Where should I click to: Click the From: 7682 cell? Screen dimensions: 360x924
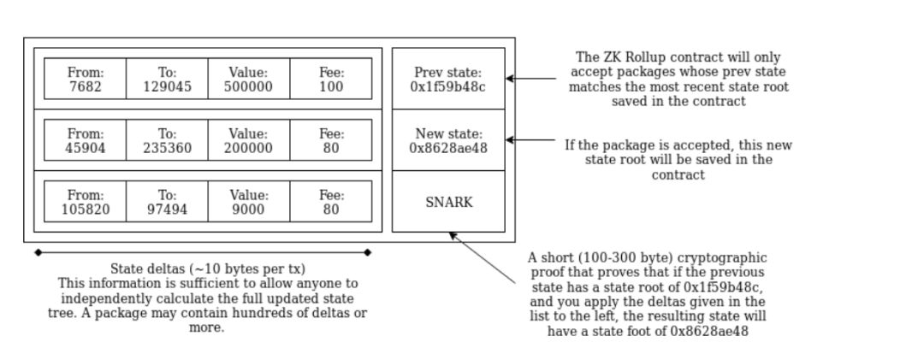pyautogui.click(x=85, y=79)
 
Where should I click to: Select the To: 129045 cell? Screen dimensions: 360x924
pyautogui.click(x=167, y=79)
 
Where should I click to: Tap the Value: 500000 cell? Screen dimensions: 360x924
pyautogui.click(x=248, y=79)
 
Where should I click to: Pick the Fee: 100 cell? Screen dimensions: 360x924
pyautogui.click(x=331, y=79)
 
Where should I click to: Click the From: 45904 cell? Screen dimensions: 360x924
pyautogui.click(x=85, y=140)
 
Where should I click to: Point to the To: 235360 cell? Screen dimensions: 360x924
pyautogui.click(x=167, y=140)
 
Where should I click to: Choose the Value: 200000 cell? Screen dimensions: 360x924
pyautogui.click(x=248, y=140)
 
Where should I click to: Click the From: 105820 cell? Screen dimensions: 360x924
pyautogui.click(x=85, y=202)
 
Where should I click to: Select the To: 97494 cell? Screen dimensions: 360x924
pyautogui.click(x=167, y=202)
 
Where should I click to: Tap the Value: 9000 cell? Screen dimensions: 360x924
pyautogui.click(x=248, y=202)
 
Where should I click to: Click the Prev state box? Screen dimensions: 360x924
pyautogui.click(x=448, y=79)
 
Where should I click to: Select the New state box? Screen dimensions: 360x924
pyautogui.click(x=448, y=140)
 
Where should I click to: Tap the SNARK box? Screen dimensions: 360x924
pyautogui.click(x=448, y=202)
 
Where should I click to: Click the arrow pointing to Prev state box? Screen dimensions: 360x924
pyautogui.click(x=530, y=79)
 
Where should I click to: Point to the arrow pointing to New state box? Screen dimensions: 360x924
pyautogui.click(x=530, y=140)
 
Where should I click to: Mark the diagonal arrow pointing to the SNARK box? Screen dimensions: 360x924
pyautogui.click(x=483, y=257)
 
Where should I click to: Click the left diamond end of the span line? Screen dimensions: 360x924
pyautogui.click(x=38, y=252)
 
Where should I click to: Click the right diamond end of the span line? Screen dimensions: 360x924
pyautogui.click(x=368, y=252)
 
